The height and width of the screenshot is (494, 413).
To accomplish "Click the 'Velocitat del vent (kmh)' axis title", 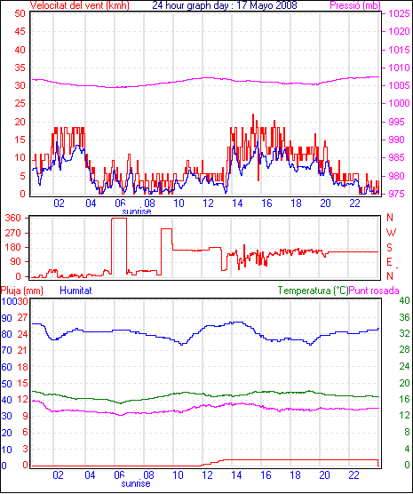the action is (x=80, y=5).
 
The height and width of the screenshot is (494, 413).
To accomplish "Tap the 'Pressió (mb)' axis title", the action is (x=355, y=5).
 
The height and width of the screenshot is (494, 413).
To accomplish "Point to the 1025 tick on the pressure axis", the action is (x=399, y=13).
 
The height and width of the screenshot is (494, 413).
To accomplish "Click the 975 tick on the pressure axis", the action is (x=396, y=194).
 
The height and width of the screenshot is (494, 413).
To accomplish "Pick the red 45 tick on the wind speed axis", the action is (x=20, y=31).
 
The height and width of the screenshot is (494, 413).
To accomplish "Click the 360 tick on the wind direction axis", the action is (x=13, y=218).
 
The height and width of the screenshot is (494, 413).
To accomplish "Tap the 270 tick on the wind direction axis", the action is (x=13, y=233).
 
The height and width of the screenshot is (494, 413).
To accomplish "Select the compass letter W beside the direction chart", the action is (x=391, y=233).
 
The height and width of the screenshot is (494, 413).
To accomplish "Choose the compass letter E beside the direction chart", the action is (x=389, y=262).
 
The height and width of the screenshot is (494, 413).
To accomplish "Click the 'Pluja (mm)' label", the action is (x=21, y=291).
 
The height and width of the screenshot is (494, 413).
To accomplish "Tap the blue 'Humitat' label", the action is (x=75, y=291).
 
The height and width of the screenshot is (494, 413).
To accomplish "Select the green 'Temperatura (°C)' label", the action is (x=314, y=291).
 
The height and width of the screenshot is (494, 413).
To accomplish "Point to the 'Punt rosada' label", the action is (x=374, y=291).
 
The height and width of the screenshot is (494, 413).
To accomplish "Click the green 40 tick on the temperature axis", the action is (x=404, y=300).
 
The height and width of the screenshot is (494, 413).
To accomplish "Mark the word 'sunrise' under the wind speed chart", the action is (x=137, y=211).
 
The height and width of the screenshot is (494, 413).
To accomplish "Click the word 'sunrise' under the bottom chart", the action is (x=136, y=483).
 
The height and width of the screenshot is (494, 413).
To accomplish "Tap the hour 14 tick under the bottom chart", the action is (x=236, y=474).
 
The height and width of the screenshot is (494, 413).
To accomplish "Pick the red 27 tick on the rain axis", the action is (x=22, y=317).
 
